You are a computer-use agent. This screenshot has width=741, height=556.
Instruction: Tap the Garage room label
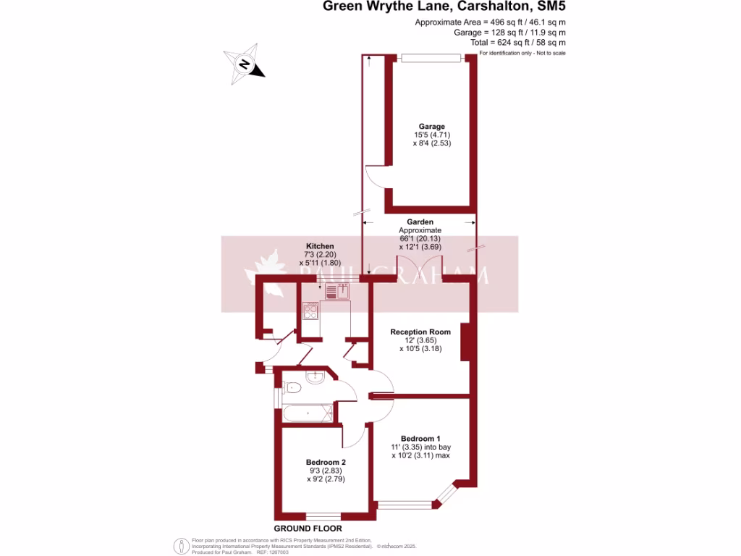431,126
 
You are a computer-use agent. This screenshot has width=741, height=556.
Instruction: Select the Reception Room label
420,332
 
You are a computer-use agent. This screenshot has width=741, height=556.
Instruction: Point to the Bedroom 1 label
420,438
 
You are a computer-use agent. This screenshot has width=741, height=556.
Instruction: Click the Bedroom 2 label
326,462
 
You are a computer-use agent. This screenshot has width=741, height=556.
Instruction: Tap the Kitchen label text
320,246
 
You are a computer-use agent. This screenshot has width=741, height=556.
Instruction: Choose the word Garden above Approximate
420,222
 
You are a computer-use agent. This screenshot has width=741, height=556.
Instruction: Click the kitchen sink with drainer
337,292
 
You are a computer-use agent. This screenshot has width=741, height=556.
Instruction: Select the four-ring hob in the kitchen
310,311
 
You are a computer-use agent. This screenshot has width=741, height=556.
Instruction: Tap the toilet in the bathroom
291,387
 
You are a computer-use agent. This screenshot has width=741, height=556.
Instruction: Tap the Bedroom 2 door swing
355,434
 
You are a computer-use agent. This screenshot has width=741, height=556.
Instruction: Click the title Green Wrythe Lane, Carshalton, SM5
444,7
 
